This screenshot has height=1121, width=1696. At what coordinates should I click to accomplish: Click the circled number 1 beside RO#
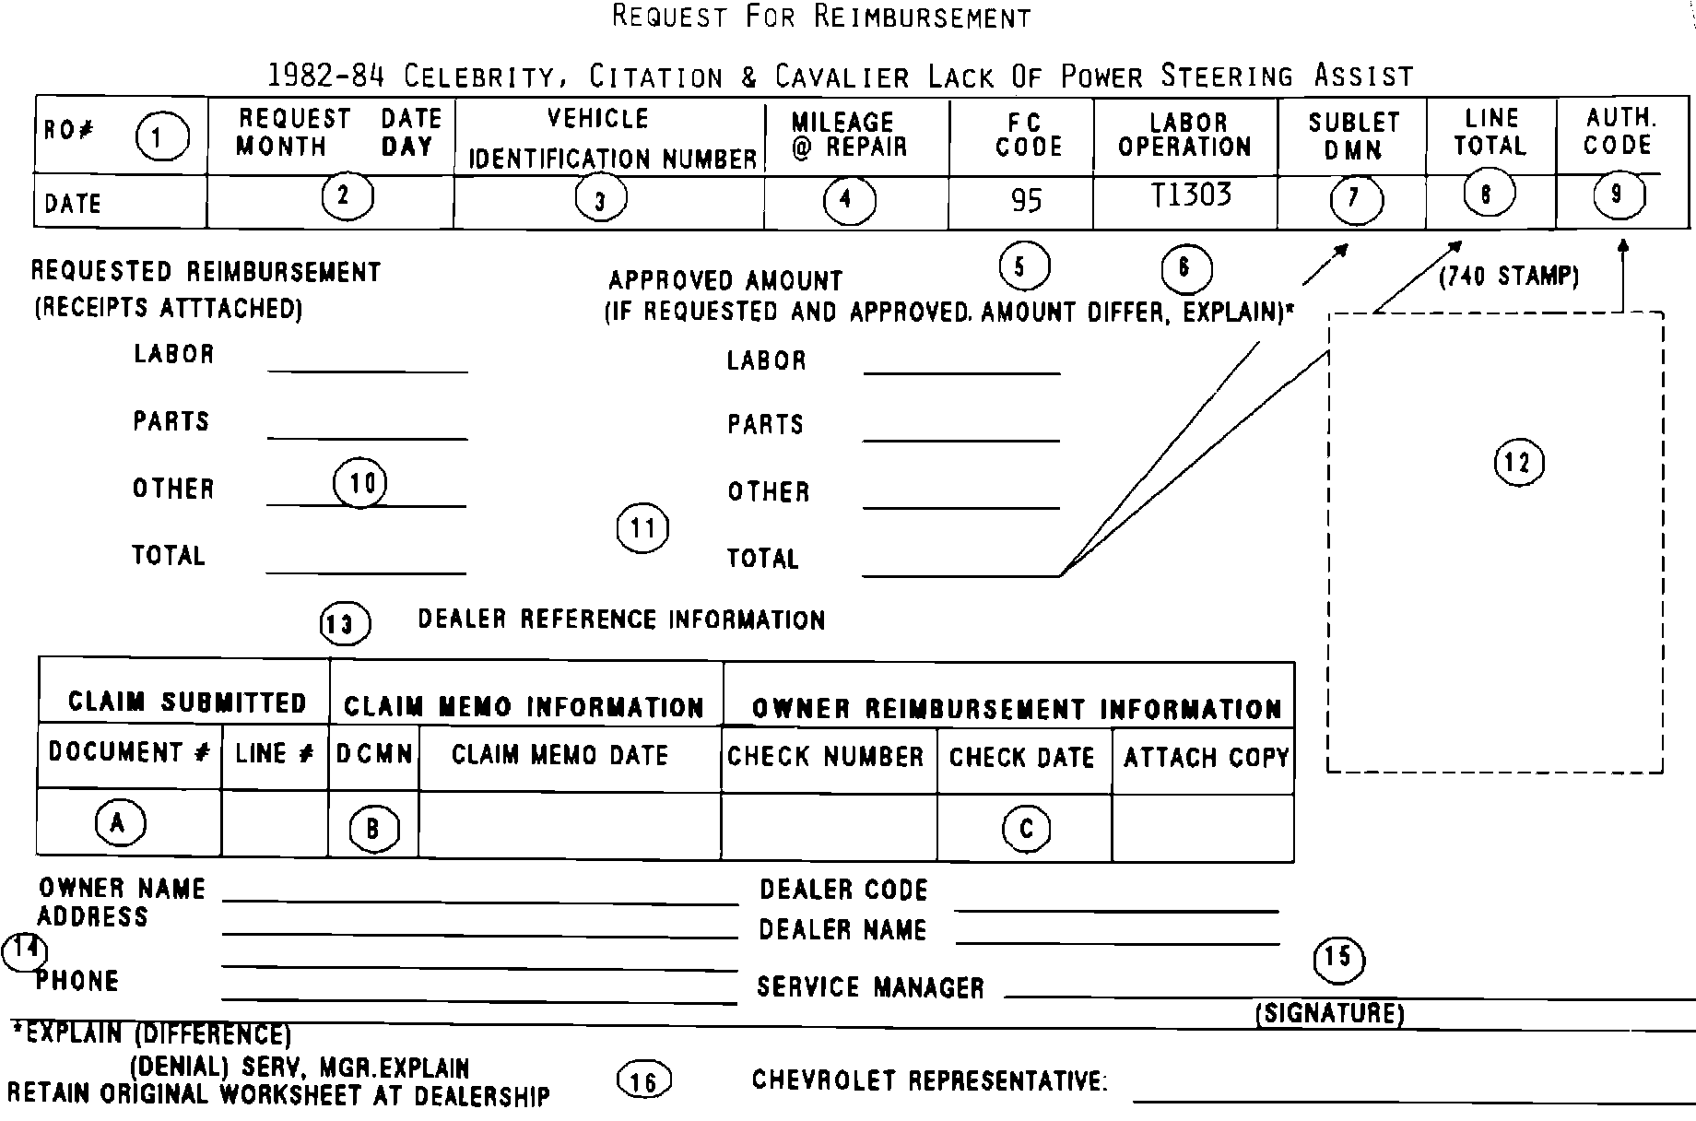coord(162,138)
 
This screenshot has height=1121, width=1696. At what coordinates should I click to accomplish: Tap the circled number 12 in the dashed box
coord(1518,463)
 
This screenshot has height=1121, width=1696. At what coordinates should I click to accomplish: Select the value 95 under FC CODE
coord(1026,201)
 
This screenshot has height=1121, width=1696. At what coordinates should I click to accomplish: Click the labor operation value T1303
coord(1191,195)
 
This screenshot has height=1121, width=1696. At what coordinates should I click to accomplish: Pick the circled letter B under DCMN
coord(373,829)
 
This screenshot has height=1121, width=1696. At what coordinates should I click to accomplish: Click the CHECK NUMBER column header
coord(825,757)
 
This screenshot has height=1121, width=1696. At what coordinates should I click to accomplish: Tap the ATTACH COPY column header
coord(1205,758)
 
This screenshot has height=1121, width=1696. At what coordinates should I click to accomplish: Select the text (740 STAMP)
coord(1509,277)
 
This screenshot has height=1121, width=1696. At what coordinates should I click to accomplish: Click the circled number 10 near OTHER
coord(360,484)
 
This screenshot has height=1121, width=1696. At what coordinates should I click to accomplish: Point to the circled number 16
coord(643,1080)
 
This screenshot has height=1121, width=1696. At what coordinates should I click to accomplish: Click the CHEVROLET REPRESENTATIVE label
coord(929,1080)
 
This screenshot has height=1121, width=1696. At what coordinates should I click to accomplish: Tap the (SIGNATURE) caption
coord(1329,1014)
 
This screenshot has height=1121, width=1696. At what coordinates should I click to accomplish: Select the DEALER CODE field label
coord(842,890)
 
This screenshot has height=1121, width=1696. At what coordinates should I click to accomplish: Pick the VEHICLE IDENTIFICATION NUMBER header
coord(610,138)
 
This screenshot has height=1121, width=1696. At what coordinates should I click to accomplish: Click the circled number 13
coord(344,624)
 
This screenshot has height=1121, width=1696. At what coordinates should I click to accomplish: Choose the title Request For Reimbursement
coord(821,17)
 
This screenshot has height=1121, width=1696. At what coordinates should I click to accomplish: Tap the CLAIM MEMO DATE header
coord(559,755)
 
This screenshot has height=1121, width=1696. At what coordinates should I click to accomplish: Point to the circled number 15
coord(1338,959)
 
